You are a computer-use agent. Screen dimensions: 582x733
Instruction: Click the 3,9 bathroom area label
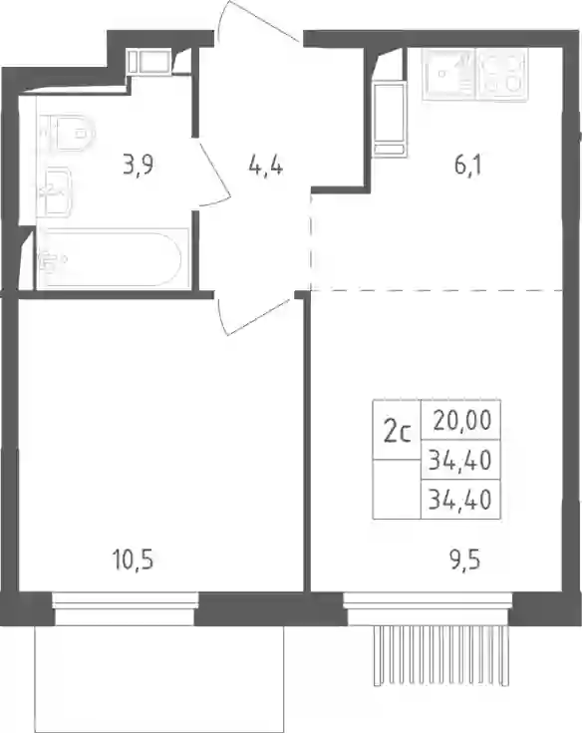(x=139, y=166)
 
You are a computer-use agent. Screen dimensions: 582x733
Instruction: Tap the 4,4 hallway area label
(x=266, y=166)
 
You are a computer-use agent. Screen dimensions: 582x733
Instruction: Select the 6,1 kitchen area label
(x=467, y=166)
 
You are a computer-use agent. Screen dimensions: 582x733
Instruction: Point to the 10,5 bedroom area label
(x=133, y=559)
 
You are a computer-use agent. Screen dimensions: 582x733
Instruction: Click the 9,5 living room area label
(x=465, y=559)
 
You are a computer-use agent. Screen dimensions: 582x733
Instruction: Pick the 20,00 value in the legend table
(x=462, y=421)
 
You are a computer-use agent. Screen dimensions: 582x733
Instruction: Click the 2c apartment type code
(x=397, y=433)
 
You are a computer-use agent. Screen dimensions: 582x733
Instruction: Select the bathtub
(x=112, y=258)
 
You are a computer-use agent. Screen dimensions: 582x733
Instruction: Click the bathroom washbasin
(x=54, y=192)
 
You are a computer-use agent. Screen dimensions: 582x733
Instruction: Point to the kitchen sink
(x=447, y=75)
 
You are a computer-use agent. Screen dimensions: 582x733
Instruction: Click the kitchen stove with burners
(x=501, y=75)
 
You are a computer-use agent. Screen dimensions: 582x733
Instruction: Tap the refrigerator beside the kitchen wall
(x=389, y=119)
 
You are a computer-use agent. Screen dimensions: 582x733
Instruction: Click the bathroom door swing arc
(x=216, y=174)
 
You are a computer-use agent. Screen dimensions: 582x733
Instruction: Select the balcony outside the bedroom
(x=158, y=679)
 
